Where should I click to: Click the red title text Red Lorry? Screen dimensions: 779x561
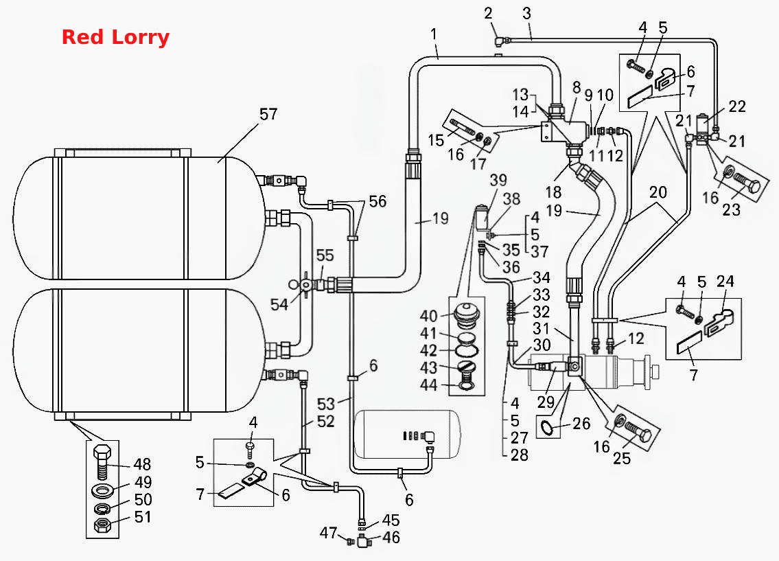tap(115, 37)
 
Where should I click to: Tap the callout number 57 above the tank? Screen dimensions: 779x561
tap(268, 114)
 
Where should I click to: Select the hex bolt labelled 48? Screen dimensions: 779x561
tap(102, 461)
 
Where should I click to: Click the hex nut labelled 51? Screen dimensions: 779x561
tap(102, 524)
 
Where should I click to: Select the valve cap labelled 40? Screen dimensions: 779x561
tap(467, 316)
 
